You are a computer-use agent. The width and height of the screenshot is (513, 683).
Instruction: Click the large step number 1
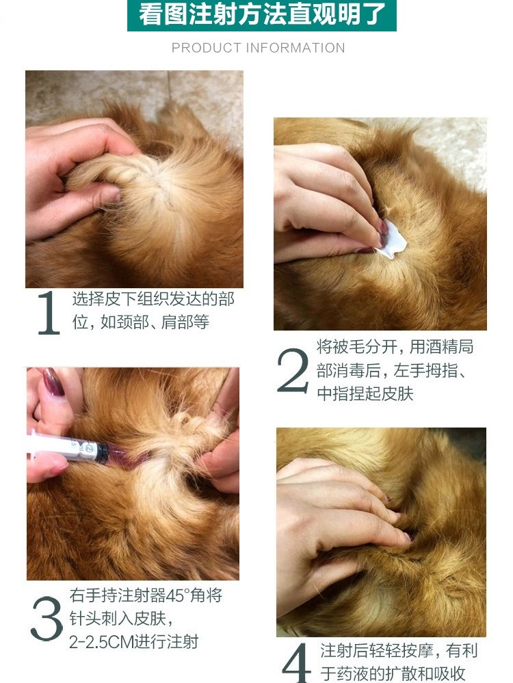(x=49, y=313)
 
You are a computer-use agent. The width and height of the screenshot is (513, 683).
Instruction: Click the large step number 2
(x=293, y=371)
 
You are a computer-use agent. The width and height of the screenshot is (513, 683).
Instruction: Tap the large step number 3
(x=47, y=619)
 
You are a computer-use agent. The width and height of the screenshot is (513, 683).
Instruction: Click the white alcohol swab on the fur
(x=392, y=240)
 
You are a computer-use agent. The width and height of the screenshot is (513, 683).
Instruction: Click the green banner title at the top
(x=262, y=15)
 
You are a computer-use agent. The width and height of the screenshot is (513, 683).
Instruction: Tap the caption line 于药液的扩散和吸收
(x=393, y=673)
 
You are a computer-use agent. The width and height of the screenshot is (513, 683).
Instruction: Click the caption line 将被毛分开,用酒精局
(x=395, y=347)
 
